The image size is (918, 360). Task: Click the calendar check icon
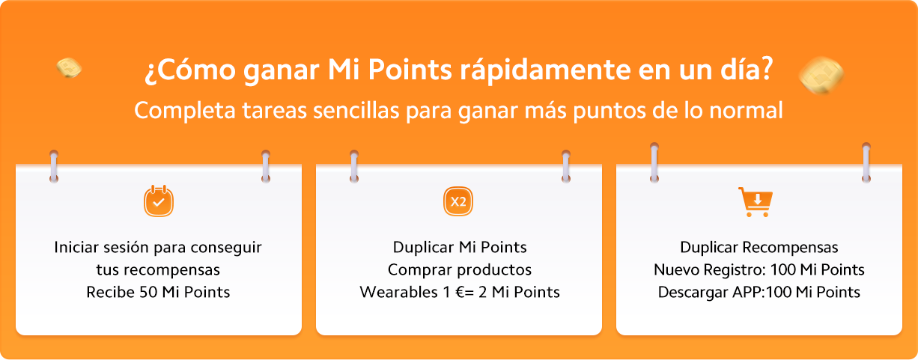(x=159, y=201)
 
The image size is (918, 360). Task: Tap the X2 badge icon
(x=458, y=201)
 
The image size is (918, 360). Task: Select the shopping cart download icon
(x=756, y=201)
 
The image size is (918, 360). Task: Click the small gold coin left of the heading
(x=69, y=67)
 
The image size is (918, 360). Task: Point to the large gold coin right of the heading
(x=821, y=75)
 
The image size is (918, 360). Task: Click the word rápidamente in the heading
(x=545, y=70)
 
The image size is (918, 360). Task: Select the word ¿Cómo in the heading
(x=190, y=70)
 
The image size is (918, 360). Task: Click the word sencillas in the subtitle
(x=356, y=110)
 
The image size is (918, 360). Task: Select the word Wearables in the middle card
(x=399, y=292)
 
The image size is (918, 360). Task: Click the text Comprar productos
(x=460, y=269)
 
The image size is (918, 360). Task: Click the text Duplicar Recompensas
(x=759, y=248)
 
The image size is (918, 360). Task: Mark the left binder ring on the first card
(x=54, y=166)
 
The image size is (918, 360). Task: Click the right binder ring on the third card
(x=866, y=162)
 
